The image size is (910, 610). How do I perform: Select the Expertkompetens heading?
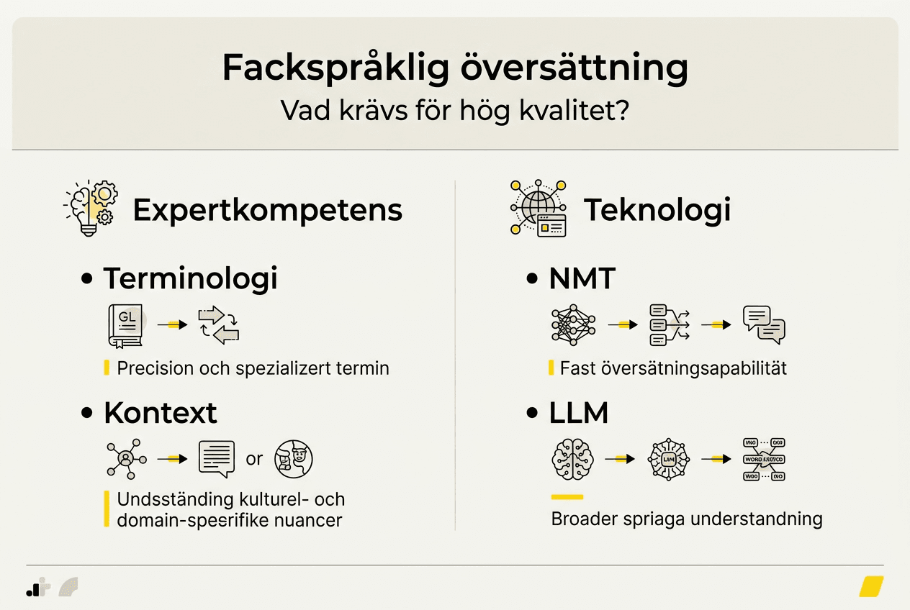click(267, 210)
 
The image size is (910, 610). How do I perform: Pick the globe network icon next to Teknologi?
click(538, 208)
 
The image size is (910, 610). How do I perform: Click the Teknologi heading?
click(657, 210)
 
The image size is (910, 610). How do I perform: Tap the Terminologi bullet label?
click(190, 278)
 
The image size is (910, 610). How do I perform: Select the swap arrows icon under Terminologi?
click(218, 324)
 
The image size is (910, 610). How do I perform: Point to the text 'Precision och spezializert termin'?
click(253, 368)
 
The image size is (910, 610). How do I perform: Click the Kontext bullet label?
click(160, 413)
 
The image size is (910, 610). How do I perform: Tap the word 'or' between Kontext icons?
click(254, 459)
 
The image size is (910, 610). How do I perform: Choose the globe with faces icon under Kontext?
click(294, 459)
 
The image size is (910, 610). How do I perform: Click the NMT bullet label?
click(582, 278)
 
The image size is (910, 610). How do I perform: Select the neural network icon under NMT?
click(574, 324)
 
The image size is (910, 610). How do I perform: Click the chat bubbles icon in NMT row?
click(763, 324)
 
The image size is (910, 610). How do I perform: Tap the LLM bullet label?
click(578, 413)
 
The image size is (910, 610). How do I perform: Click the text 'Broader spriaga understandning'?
click(686, 519)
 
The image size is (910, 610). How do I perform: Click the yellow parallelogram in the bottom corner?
click(871, 586)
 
